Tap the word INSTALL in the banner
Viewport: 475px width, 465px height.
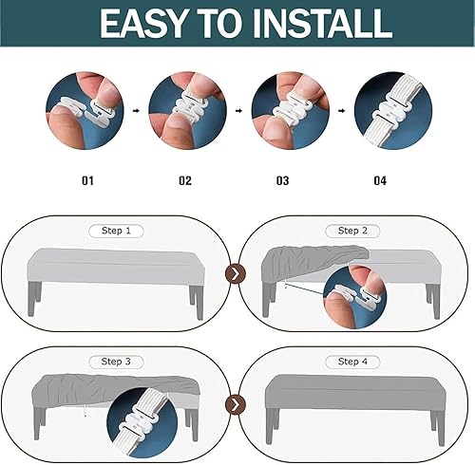(322, 24)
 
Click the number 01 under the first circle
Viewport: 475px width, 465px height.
(87, 181)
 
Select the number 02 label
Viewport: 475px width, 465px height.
(185, 181)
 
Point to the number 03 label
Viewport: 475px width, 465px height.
(282, 181)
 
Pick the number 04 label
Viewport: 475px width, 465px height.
(380, 181)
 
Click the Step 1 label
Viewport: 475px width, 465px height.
(116, 231)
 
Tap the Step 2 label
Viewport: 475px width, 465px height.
(352, 231)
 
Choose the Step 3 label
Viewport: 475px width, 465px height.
(116, 362)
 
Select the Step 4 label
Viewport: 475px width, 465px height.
(352, 362)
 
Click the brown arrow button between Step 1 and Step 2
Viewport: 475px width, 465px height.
(236, 273)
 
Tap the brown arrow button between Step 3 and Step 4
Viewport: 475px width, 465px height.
(236, 404)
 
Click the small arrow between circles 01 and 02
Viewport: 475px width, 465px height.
(136, 111)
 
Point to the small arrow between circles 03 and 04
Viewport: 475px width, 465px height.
(342, 111)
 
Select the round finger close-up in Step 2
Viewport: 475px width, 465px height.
(355, 296)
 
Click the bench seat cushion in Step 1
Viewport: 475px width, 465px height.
(116, 267)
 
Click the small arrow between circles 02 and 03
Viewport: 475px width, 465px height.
(239, 111)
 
